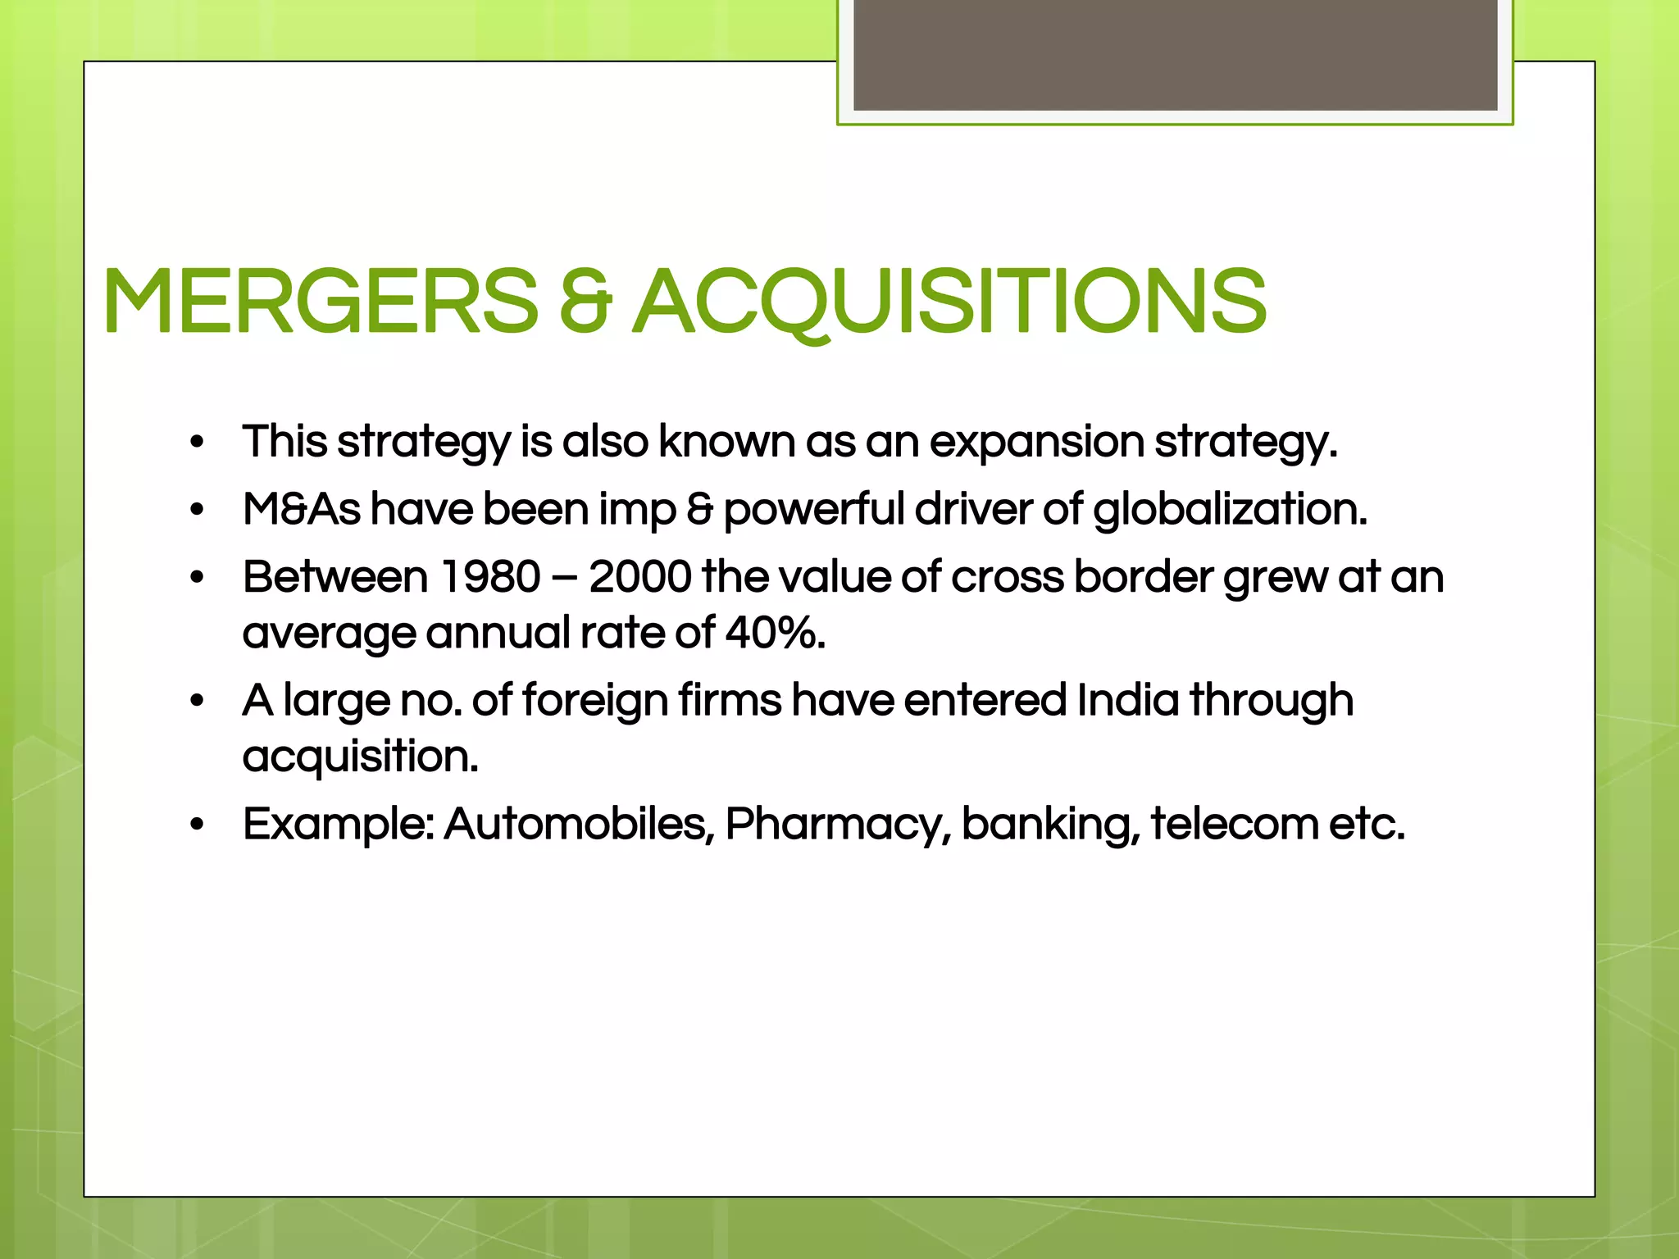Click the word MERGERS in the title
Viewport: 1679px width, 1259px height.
tap(320, 302)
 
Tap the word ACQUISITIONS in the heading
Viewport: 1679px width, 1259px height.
tap(951, 302)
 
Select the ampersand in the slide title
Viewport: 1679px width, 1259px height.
tap(585, 302)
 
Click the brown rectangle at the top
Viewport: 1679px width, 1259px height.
tap(1175, 54)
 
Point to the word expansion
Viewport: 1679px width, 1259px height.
tap(1036, 443)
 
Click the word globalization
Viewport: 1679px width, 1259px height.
tap(1230, 510)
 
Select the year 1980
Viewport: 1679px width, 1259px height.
tap(490, 577)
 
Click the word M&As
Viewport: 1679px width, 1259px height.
tap(301, 510)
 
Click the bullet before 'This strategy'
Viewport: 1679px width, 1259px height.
tap(196, 443)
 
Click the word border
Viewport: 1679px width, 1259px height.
tap(1144, 577)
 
